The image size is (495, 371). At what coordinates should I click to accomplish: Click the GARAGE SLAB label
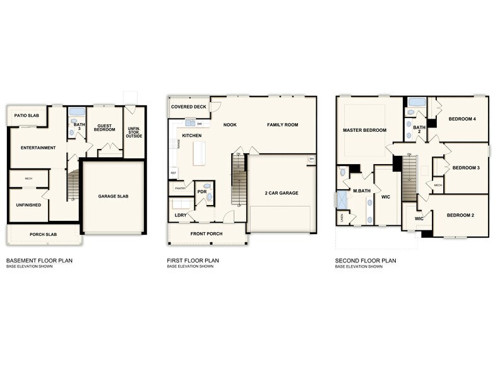click(113, 196)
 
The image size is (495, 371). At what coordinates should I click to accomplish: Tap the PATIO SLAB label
click(27, 117)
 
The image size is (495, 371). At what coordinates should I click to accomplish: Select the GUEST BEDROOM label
click(104, 127)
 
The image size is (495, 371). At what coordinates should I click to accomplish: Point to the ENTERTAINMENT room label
click(38, 148)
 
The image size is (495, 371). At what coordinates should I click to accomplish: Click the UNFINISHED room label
click(29, 205)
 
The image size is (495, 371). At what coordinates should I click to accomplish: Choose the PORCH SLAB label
click(44, 235)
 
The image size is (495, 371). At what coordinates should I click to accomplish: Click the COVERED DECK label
click(188, 107)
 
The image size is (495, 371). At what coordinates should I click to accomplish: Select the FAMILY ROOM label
click(282, 125)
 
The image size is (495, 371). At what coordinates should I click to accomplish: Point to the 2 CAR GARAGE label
click(281, 193)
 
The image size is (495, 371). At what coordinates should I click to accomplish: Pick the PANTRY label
click(181, 188)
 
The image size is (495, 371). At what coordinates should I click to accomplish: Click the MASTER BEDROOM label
click(364, 131)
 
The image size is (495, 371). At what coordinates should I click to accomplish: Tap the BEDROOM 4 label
click(462, 119)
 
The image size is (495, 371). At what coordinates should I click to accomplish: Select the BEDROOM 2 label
click(460, 215)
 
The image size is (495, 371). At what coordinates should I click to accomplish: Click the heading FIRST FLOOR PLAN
click(193, 260)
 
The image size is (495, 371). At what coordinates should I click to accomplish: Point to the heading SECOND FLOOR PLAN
click(365, 260)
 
